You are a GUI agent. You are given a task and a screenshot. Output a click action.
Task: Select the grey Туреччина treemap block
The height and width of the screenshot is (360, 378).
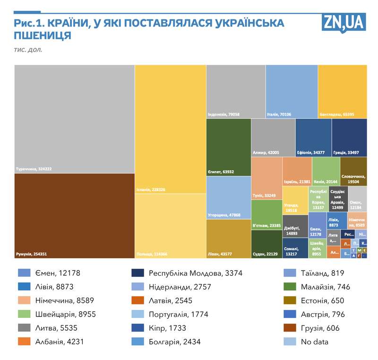[x=74, y=119]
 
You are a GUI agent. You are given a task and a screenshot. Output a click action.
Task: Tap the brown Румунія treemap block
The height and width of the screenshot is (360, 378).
[x=74, y=216]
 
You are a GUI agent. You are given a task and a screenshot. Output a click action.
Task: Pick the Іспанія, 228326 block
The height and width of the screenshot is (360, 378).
[x=170, y=129]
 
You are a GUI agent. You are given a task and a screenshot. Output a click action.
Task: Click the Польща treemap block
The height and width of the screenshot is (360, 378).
[x=170, y=226]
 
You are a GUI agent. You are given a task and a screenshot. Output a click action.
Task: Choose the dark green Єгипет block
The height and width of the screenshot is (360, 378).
[x=228, y=147]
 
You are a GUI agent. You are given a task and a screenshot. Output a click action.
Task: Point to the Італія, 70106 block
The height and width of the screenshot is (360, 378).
[x=291, y=91]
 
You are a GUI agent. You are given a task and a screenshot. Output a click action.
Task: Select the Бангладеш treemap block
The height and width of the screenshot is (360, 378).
[x=342, y=91]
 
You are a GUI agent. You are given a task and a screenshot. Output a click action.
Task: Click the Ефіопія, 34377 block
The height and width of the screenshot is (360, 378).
[x=313, y=138]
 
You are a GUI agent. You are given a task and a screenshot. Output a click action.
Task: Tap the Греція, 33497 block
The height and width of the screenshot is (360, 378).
[x=349, y=138]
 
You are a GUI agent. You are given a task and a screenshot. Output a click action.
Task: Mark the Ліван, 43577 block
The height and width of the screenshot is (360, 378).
[x=228, y=238]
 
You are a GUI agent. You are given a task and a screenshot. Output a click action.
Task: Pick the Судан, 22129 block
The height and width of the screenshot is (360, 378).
[x=266, y=244]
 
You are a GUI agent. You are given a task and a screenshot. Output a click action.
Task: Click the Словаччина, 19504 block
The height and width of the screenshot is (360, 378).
[x=353, y=171]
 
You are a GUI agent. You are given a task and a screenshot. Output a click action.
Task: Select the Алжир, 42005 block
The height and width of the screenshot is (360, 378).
[x=273, y=138]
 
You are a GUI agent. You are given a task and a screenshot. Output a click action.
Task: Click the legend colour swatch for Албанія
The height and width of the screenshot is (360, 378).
[x=24, y=342]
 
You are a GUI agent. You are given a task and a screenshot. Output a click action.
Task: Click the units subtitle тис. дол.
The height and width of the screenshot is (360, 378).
[x=28, y=50]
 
